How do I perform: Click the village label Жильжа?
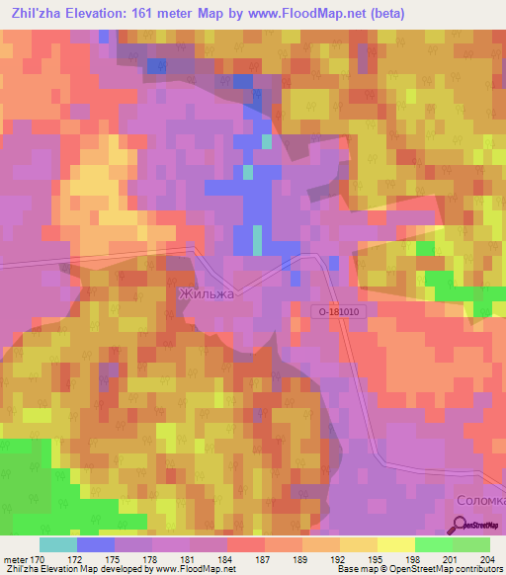206,293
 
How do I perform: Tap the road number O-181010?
342,311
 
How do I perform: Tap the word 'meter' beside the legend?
14,558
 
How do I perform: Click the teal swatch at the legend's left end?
58,544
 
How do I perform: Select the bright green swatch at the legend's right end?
471,544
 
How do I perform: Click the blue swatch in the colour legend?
96,544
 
